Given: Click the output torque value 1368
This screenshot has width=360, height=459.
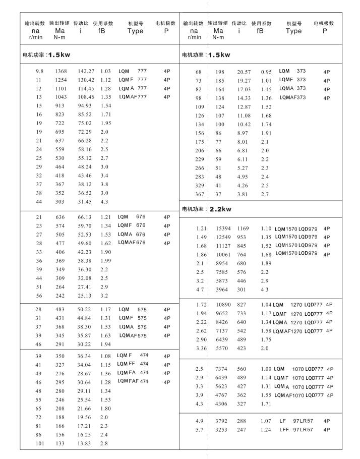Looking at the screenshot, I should pyautogui.click(x=60, y=72).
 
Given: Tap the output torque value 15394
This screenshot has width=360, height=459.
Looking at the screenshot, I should pyautogui.click(x=223, y=228).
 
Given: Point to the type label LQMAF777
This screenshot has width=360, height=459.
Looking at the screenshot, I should pyautogui.click(x=133, y=97).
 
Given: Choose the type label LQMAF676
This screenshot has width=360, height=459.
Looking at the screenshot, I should pyautogui.click(x=132, y=243).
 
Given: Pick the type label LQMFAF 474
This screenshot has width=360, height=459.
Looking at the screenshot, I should pyautogui.click(x=133, y=381).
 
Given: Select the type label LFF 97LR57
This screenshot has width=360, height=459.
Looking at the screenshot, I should pyautogui.click(x=296, y=430).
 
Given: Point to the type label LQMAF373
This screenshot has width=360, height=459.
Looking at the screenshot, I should pyautogui.click(x=292, y=97).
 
